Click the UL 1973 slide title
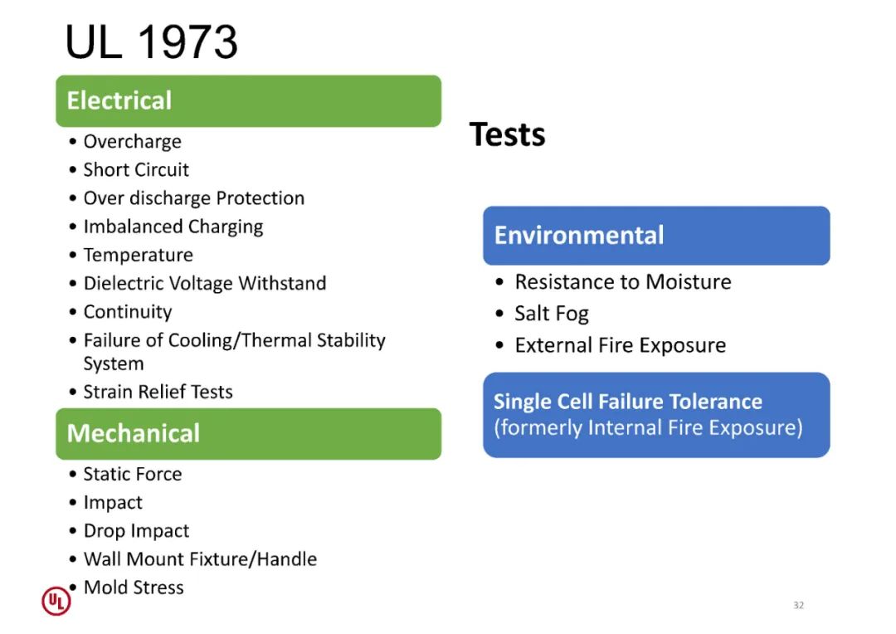pos(152,41)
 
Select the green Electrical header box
pos(249,101)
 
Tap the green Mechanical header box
pos(249,434)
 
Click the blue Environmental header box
pos(656,236)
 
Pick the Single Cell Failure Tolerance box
pos(656,415)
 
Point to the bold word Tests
pos(508,134)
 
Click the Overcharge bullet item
pos(133,142)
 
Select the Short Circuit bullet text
pos(136,170)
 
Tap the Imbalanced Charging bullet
pos(173,227)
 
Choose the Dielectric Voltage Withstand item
pos(205,283)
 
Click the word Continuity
pos(128,312)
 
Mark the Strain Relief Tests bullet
pos(158,392)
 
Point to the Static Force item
pos(133,474)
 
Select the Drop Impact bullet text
pos(136,531)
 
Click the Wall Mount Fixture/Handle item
pos(200,559)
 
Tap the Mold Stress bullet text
pos(134,588)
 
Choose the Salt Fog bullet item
pos(552,314)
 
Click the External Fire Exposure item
pos(621,345)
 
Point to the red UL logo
pos(56,601)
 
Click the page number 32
pos(799,606)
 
